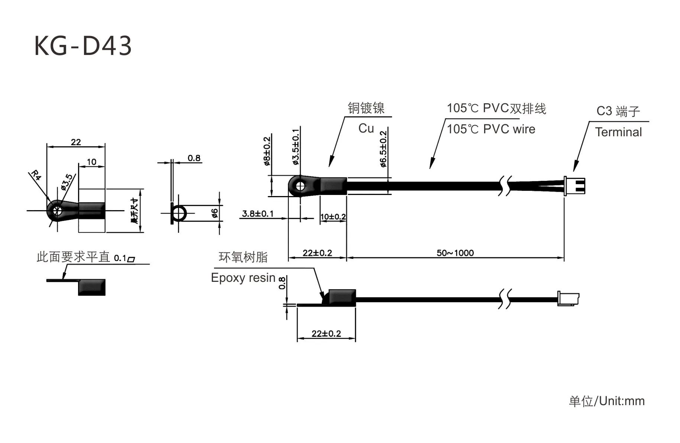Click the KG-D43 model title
pos(83,46)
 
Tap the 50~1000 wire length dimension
pos(455,253)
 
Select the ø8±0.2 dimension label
pos(267,151)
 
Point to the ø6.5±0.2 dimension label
pos(383,149)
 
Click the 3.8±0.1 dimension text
pos(258,214)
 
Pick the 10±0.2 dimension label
pos(333,216)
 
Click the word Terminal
pos(618,132)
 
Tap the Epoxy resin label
pos(243,278)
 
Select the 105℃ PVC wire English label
pos(491,129)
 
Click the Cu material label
pos(366,128)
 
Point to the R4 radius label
pos(36,175)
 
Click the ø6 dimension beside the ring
pos(214,213)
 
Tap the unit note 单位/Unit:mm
pos(606,401)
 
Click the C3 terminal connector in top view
pos(574,185)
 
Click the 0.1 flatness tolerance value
pos(120,258)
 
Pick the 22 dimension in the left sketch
pos(76,142)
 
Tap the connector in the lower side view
pos(568,299)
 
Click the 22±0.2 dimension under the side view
pos(326,333)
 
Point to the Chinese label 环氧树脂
pos(243,257)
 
